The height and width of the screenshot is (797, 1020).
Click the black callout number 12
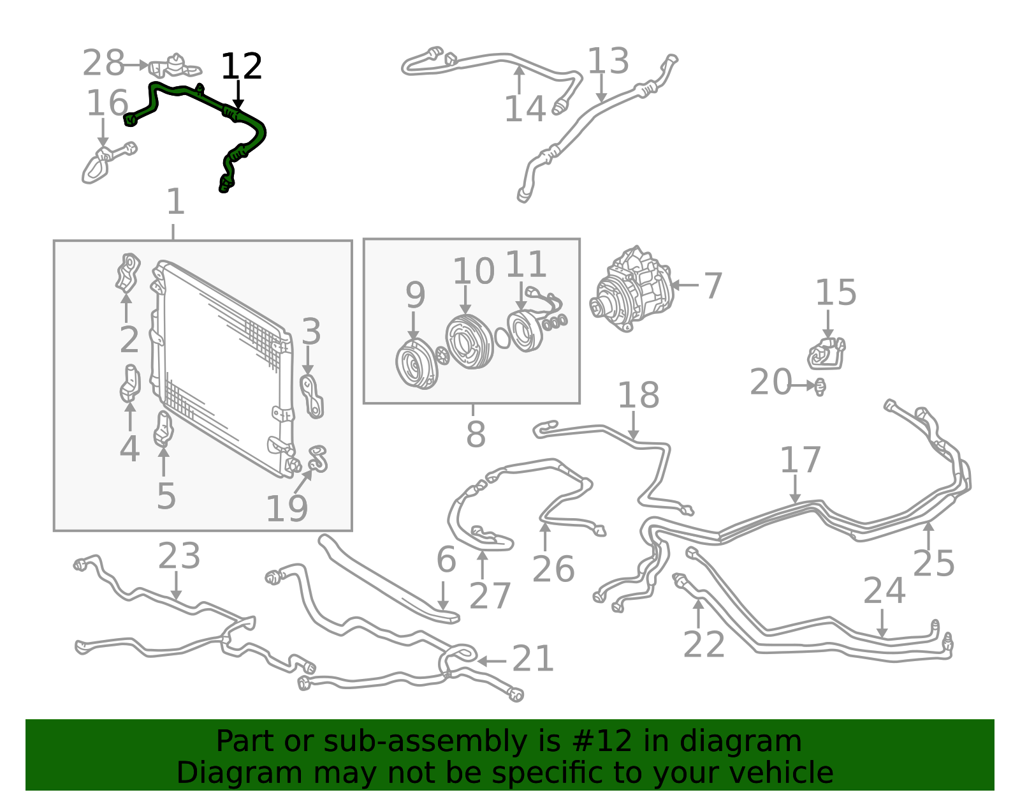[241, 66]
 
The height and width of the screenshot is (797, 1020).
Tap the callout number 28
[103, 63]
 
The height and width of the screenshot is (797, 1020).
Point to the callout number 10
[473, 271]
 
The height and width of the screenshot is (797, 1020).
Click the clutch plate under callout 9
[417, 364]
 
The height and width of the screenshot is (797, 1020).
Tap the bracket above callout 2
[127, 272]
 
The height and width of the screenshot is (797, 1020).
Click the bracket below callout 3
[312, 396]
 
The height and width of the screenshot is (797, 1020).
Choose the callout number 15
[836, 293]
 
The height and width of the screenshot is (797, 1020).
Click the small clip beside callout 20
[820, 387]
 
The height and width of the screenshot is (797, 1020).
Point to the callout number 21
[533, 659]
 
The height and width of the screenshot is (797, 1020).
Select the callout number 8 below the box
[476, 434]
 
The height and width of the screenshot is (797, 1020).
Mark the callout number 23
[179, 556]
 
